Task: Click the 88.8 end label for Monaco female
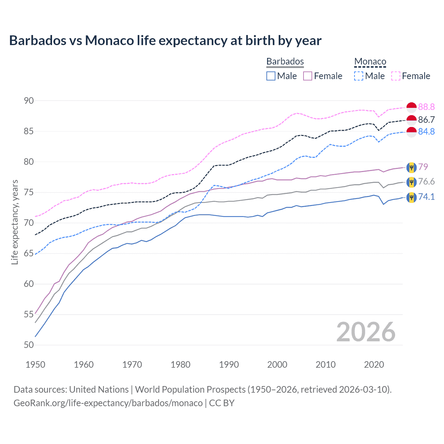(x=426, y=107)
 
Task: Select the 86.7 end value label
(x=426, y=120)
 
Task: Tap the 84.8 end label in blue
(x=426, y=132)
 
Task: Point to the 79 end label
(x=423, y=167)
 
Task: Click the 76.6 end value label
(x=426, y=182)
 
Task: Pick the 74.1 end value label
(x=426, y=197)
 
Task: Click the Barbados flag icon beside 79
(x=411, y=167)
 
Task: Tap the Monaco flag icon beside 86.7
(x=411, y=120)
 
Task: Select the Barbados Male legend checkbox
(x=271, y=76)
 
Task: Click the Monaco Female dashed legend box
(x=396, y=76)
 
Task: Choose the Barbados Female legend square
(x=308, y=76)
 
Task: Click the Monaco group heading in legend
(x=370, y=62)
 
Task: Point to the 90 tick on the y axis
(x=29, y=101)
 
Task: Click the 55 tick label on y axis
(x=29, y=315)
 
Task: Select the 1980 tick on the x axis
(x=180, y=365)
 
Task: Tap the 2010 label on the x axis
(x=325, y=365)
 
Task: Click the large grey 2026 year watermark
(x=366, y=332)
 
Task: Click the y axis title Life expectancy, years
(x=15, y=222)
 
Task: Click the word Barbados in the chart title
(x=38, y=41)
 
